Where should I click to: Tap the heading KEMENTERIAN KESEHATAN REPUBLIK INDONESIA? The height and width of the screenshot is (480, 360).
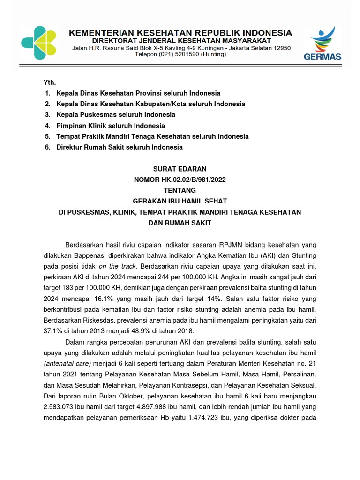pos(180,33)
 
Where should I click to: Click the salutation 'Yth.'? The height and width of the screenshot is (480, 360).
pos(50,82)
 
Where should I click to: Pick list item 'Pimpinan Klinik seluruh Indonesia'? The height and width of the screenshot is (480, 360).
pos(110,126)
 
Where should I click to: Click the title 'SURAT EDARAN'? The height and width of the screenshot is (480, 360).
pos(180,169)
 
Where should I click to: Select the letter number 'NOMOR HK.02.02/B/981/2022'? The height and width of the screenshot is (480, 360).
pos(180,180)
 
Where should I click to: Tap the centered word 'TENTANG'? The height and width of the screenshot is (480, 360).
pos(180,190)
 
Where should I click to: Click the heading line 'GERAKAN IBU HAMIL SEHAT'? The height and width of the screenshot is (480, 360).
pos(180,201)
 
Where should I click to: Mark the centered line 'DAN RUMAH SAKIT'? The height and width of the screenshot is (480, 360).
pos(180,223)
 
